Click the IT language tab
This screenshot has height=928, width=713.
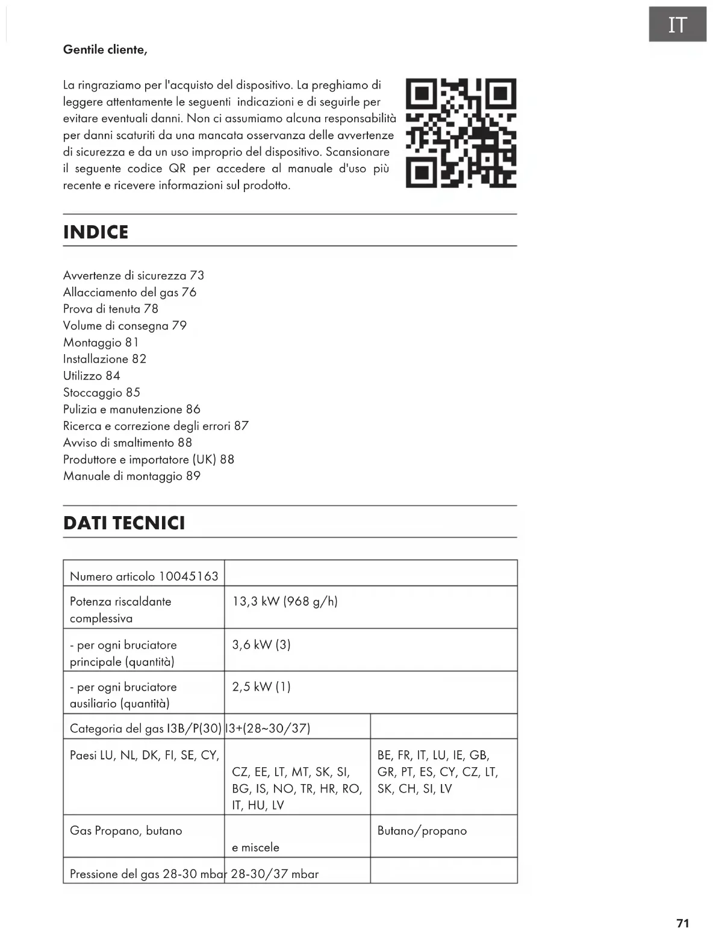point(677,25)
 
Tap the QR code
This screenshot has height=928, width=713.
point(461,132)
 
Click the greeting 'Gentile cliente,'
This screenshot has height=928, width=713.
point(105,50)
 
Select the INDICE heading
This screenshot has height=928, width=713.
point(96,232)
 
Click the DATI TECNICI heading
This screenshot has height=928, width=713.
point(124,523)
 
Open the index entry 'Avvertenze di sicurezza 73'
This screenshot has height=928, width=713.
point(134,276)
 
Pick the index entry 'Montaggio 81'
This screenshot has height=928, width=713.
point(101,343)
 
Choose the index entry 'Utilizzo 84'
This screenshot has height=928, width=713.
point(92,376)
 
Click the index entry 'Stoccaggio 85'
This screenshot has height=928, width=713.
point(102,393)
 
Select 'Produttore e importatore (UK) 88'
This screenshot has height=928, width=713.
point(149,459)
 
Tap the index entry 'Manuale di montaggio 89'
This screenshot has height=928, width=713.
point(132,476)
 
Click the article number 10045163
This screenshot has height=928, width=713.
point(188,576)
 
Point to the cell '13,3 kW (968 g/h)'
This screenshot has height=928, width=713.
point(285,602)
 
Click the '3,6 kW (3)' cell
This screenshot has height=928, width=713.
point(261,645)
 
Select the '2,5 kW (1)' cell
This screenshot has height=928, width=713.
point(261,687)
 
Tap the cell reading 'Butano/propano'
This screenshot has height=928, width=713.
point(422,831)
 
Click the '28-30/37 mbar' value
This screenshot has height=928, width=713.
point(275,874)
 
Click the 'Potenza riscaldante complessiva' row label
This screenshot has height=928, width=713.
point(120,609)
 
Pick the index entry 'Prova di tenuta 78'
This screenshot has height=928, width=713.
point(111,309)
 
